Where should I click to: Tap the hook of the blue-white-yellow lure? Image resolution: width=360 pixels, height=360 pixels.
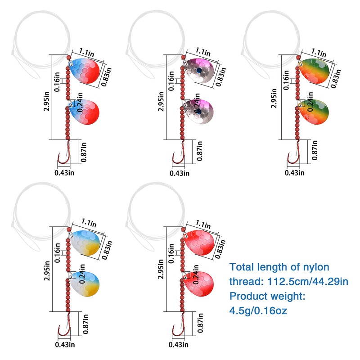(x=63, y=331)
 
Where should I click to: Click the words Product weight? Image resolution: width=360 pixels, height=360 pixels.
(x=267, y=296)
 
